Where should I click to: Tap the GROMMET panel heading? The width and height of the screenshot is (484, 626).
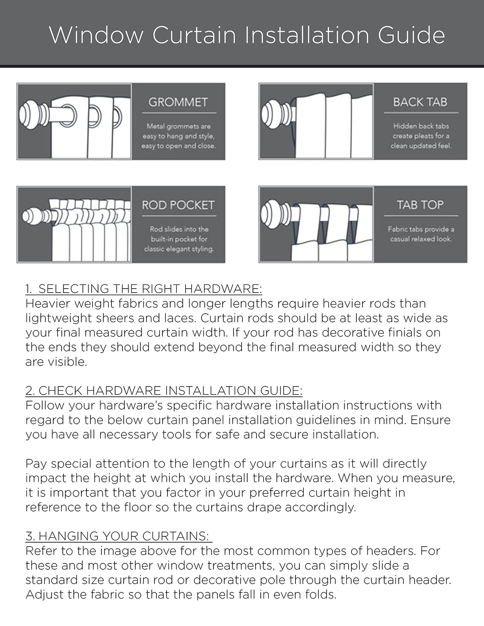pos(178,102)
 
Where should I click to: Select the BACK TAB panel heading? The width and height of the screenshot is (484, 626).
pos(420,102)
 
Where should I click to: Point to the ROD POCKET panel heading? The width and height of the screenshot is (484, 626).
pos(178,205)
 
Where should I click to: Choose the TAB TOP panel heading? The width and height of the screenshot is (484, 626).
pos(420,205)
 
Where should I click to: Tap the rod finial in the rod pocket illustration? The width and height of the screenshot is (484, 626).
pos(33,216)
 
